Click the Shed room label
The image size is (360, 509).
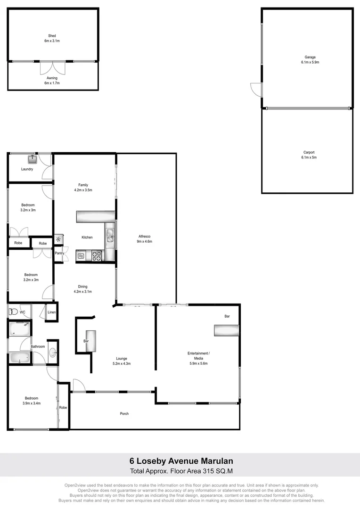[52, 36]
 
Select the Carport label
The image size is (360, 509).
[309, 152]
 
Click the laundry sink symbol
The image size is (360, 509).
[32, 159]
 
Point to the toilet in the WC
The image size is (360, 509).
[13, 312]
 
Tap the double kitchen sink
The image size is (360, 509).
[109, 235]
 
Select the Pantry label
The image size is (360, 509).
[59, 254]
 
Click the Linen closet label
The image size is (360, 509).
[52, 312]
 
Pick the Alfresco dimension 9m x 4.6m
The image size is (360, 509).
[145, 241]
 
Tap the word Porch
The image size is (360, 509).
[124, 414]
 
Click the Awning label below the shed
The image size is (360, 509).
[52, 78]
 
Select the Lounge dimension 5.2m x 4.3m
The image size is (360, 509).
[122, 363]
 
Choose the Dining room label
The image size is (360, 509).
[82, 287]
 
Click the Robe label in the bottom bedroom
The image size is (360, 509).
[63, 408]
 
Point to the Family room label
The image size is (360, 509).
[83, 185]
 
